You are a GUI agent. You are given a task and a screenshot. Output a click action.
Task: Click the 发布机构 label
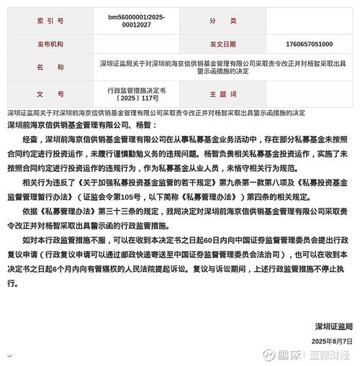pyautogui.click(x=50, y=45)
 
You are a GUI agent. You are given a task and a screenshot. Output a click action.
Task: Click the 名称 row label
pyautogui.click(x=50, y=69)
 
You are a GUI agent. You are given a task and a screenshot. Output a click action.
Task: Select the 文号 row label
pyautogui.click(x=50, y=94)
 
